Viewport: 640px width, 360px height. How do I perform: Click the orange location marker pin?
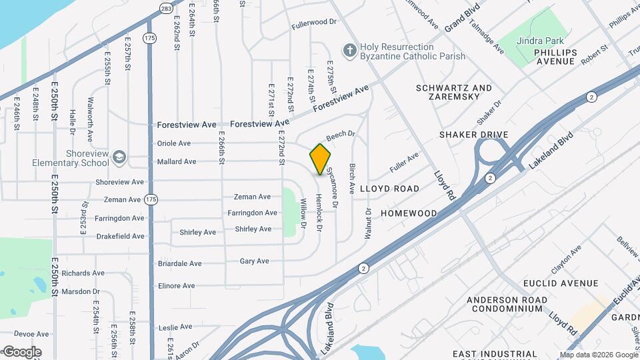point(320,159)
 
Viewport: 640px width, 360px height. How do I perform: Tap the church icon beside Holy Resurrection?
point(349,49)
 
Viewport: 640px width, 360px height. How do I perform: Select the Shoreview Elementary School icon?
point(119,157)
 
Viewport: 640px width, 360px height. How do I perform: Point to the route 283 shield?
point(165,8)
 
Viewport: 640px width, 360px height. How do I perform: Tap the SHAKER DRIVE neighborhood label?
point(473,135)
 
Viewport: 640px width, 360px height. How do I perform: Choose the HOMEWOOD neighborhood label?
point(409,213)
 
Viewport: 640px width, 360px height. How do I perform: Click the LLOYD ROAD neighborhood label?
point(389,189)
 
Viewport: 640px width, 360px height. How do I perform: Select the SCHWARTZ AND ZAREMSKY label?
point(453,92)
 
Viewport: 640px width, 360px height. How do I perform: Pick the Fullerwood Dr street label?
point(314,23)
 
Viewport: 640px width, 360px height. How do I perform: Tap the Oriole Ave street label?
point(173,143)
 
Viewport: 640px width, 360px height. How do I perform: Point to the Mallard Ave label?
point(176,161)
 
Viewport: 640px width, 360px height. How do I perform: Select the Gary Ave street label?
point(254,261)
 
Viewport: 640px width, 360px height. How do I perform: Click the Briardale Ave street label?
point(179,263)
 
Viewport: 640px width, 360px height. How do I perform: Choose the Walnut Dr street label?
point(367,222)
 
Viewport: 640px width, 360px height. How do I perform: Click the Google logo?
point(21,351)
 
